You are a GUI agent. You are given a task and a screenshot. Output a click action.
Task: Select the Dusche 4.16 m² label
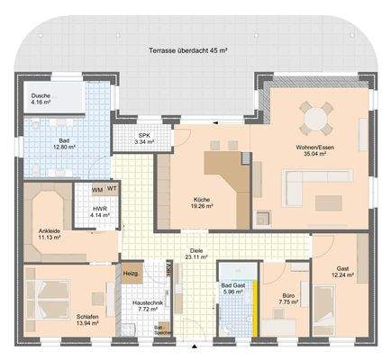(x=41, y=99)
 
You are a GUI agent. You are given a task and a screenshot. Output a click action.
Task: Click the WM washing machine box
(x=97, y=190)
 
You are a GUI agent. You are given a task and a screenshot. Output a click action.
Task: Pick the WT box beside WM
(x=112, y=190)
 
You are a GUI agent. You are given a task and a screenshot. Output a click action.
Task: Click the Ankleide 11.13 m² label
(x=50, y=235)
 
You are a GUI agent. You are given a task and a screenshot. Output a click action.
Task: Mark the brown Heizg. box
(x=131, y=274)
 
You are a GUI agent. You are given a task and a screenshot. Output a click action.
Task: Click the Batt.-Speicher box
(x=160, y=330)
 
